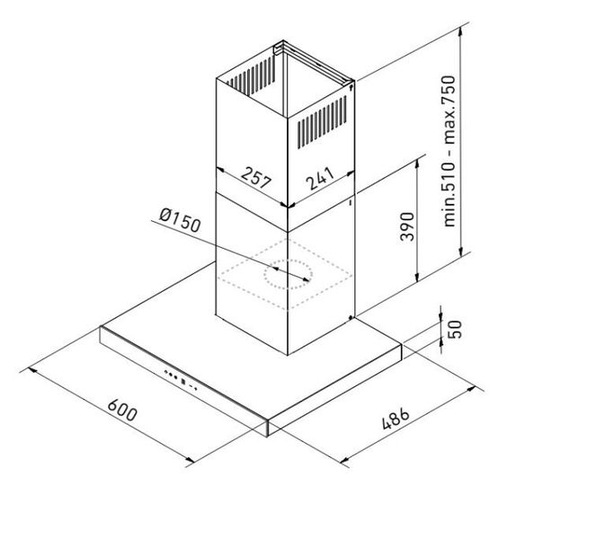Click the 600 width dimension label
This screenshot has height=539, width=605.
pos(122,411)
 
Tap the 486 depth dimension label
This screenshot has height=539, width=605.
pos(396,419)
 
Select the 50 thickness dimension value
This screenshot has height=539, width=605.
pos(455,330)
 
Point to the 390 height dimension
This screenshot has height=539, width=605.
pos(407,226)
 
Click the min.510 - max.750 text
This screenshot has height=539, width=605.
pos(449,152)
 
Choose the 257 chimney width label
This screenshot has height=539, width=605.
pos(256,177)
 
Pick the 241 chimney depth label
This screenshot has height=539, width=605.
pos(320,178)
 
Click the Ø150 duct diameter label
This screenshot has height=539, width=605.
pos(180,220)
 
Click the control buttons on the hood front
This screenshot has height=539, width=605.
pos(181,380)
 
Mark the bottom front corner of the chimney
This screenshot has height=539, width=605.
pos(288,355)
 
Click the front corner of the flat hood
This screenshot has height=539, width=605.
pos(267,437)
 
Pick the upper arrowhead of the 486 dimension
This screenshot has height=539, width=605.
pos(471,389)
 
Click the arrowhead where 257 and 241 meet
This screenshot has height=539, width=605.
pos(288,207)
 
